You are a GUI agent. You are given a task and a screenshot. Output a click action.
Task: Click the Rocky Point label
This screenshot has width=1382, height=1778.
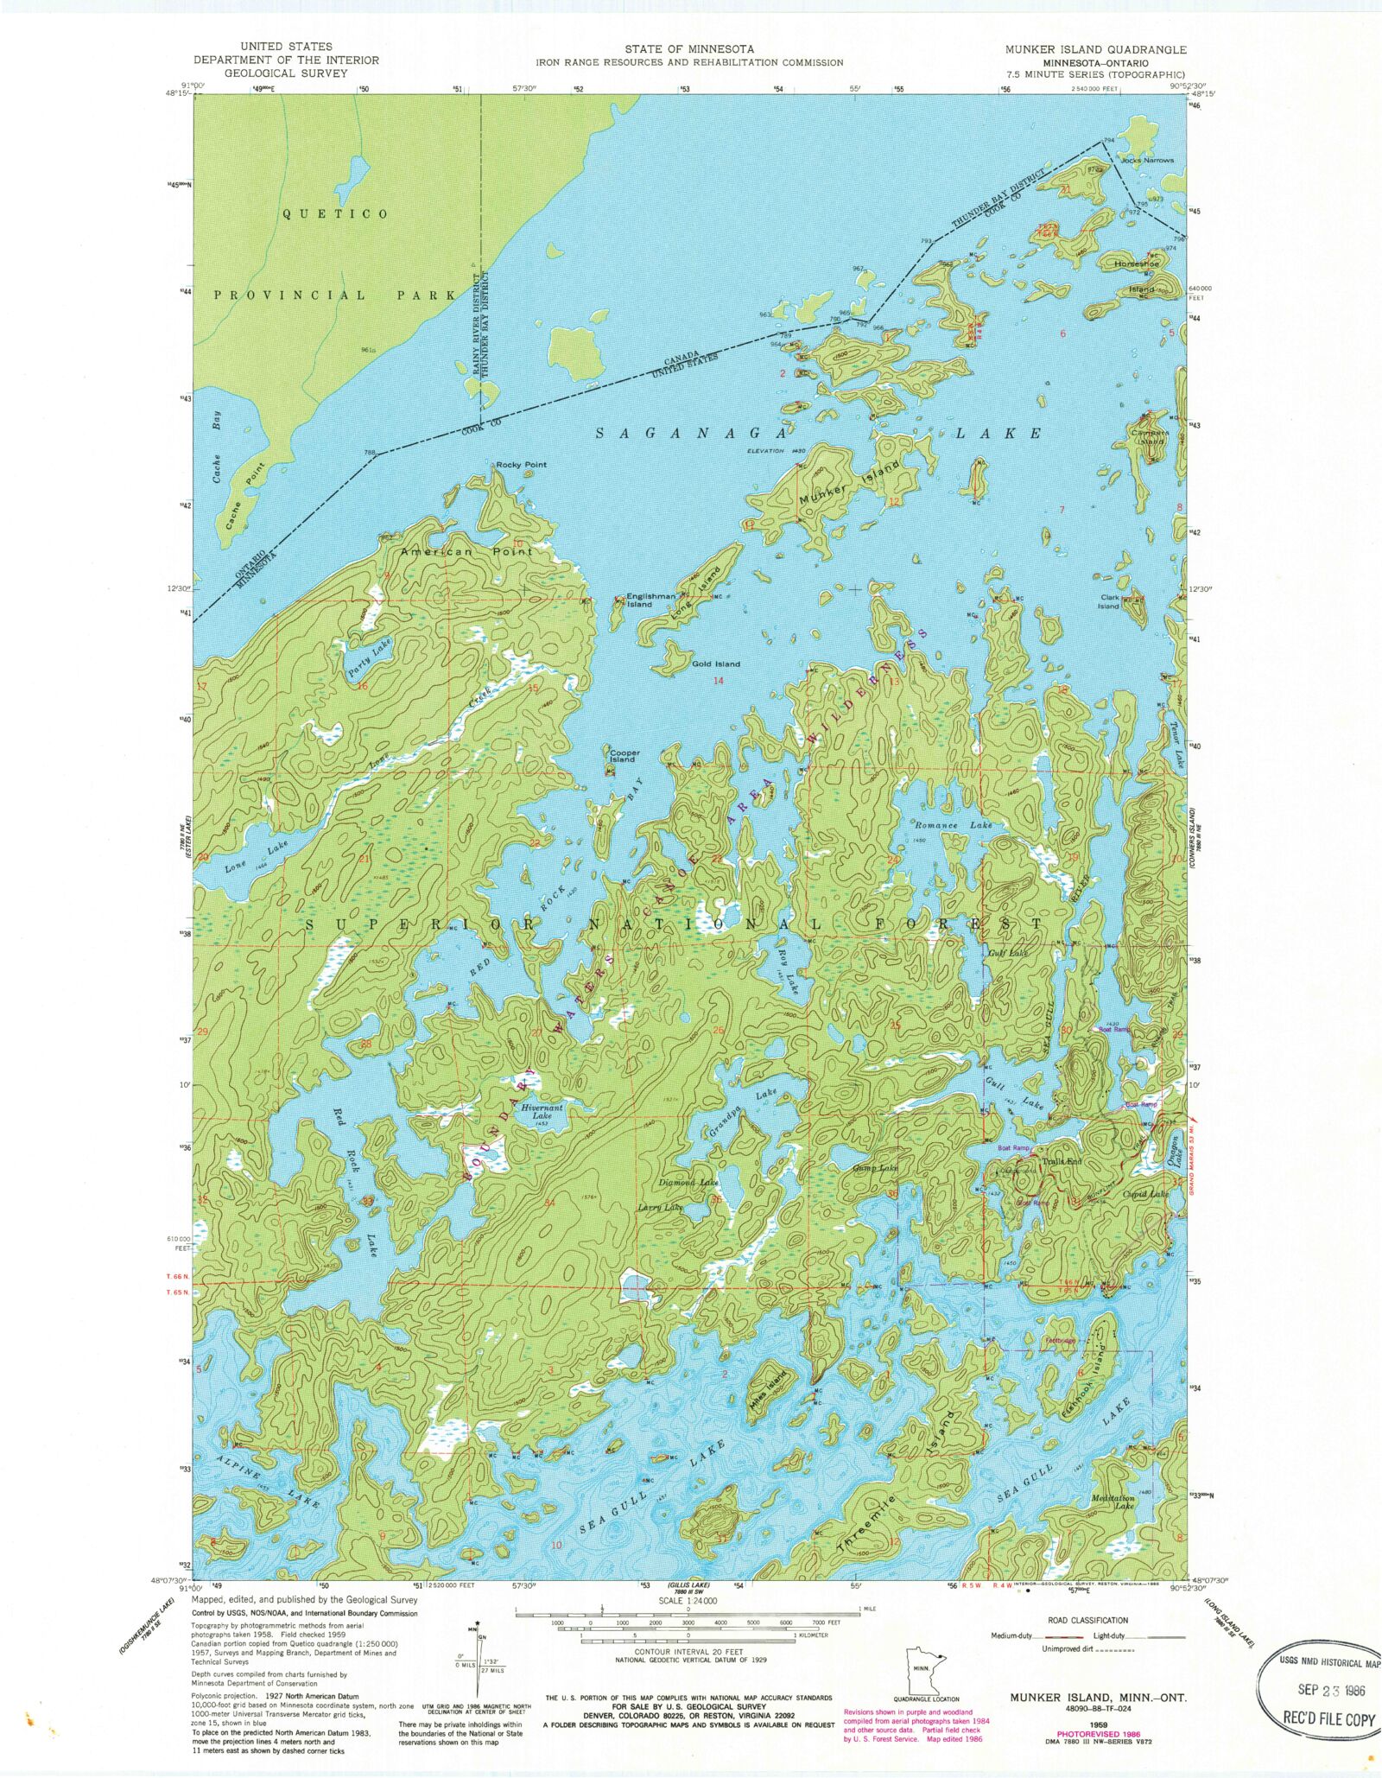tap(521, 465)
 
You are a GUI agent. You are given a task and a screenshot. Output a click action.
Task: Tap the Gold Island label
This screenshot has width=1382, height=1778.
tap(716, 664)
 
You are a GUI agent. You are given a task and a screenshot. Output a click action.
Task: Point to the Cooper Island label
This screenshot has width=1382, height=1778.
tap(624, 756)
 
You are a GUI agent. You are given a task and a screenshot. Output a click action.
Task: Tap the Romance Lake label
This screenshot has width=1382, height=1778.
tap(953, 826)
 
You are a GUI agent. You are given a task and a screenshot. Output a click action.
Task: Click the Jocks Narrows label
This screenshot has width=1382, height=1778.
tap(1147, 161)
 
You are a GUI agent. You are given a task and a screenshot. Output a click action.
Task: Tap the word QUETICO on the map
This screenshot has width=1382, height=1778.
tap(335, 214)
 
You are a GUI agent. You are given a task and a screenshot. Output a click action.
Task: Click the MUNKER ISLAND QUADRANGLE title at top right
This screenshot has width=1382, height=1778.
tap(1095, 50)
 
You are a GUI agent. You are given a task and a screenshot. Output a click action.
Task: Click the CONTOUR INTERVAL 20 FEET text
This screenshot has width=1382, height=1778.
tap(690, 1652)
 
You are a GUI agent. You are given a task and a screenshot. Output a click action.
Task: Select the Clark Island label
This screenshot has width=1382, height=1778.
tap(1109, 601)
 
